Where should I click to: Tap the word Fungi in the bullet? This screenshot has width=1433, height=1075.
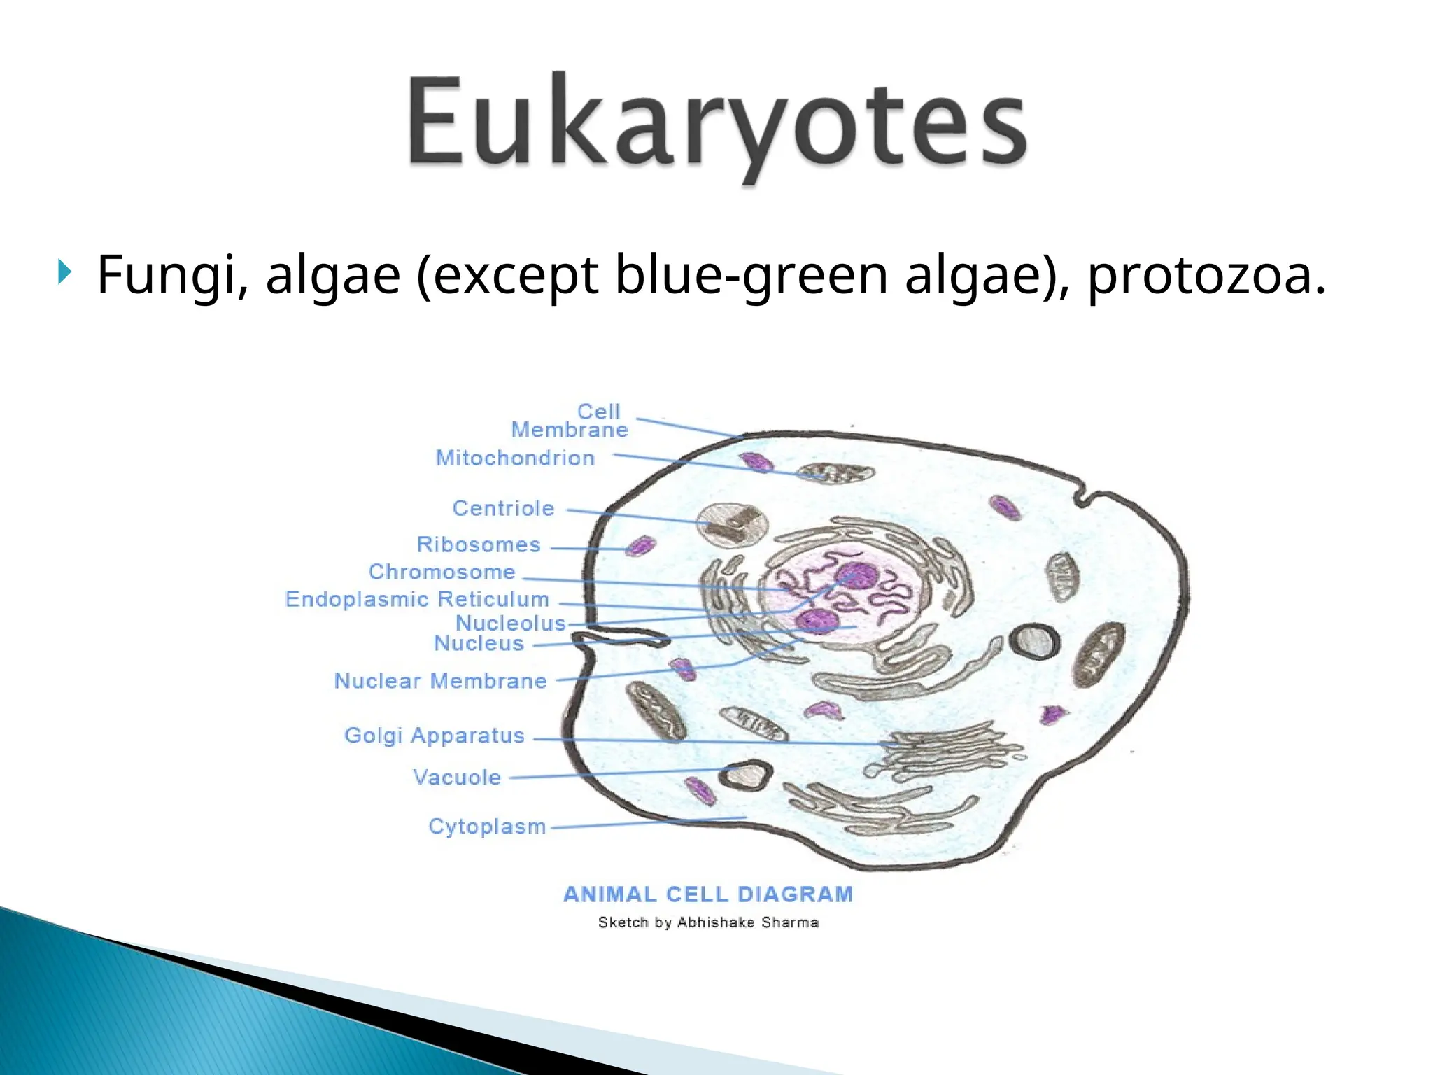[171, 274]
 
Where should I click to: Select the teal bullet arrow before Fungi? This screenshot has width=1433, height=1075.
[64, 272]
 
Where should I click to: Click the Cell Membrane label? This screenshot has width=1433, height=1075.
[570, 421]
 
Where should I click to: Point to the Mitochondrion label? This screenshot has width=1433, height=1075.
[515, 458]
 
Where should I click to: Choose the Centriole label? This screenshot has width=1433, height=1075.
[503, 508]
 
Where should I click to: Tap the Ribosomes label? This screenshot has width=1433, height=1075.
[479, 544]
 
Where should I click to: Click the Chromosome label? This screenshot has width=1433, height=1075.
[442, 572]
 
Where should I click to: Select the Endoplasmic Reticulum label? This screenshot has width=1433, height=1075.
[417, 599]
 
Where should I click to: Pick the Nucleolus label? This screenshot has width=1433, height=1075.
[510, 623]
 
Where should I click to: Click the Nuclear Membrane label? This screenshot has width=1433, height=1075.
[440, 680]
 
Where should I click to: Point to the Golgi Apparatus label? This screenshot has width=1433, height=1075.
[435, 736]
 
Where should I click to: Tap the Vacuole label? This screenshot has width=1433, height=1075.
[457, 777]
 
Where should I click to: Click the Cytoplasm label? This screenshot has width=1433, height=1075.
[487, 826]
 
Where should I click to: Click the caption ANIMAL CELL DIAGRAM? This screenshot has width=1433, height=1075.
[708, 894]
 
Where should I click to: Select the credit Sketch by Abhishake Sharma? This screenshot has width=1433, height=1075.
[708, 922]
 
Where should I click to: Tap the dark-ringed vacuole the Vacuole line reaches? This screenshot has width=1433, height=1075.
[747, 775]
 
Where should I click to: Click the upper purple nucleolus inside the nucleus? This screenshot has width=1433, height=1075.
[856, 575]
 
